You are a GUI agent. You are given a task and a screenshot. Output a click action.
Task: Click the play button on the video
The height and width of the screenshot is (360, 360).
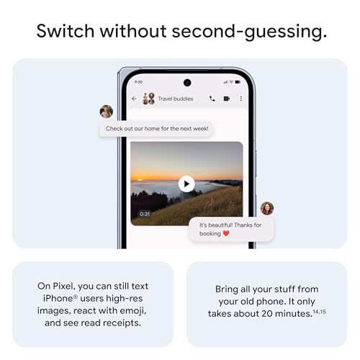click(186, 184)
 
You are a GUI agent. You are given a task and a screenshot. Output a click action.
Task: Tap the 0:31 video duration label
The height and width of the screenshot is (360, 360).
click(145, 214)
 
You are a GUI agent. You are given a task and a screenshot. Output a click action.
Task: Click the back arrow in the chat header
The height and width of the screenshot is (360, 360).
click(134, 99)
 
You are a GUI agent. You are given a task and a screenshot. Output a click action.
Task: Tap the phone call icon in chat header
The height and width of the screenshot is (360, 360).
click(212, 99)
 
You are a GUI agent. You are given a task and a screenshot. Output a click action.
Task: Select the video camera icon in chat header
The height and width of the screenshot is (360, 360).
click(226, 99)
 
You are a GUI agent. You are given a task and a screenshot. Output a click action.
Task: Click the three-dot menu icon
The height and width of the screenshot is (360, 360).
click(240, 99)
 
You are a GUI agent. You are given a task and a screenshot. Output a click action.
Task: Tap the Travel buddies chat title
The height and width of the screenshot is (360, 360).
click(176, 99)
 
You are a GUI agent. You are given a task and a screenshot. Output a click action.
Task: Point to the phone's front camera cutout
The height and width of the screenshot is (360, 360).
click(187, 82)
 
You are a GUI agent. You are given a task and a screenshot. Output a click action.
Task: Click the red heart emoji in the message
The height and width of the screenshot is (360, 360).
click(225, 233)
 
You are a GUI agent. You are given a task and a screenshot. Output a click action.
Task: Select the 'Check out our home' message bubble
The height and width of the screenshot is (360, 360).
click(156, 129)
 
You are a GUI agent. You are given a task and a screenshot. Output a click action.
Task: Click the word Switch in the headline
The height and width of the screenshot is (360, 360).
click(65, 32)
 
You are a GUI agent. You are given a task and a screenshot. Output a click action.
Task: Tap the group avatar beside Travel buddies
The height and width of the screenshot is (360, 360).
click(149, 99)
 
